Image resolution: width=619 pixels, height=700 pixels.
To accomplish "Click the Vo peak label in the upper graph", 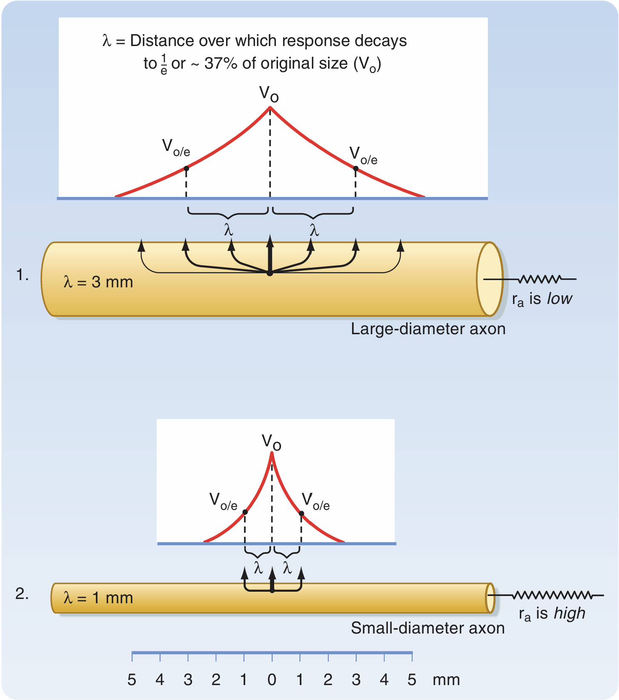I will [x=269, y=94].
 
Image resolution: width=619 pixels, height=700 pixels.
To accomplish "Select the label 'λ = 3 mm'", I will [x=98, y=282].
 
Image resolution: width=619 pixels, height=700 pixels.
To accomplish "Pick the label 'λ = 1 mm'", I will [x=98, y=598].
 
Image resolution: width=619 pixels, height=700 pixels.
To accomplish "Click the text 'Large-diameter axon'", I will [x=428, y=329].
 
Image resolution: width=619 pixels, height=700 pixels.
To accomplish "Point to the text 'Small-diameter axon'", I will [x=427, y=628].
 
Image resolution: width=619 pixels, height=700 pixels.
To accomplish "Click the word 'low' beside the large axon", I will [x=559, y=299].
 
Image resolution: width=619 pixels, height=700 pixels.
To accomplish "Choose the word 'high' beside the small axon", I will [x=569, y=613].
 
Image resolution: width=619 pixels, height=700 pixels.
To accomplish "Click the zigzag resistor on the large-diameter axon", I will [x=540, y=279].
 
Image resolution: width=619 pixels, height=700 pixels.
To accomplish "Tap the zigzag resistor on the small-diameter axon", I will [x=552, y=595].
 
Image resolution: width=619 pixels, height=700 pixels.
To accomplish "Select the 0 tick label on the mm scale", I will [x=272, y=680].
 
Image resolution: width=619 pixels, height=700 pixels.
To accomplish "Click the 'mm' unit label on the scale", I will [x=446, y=680].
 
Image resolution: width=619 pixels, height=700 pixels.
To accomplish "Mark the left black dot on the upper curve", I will [x=186, y=168].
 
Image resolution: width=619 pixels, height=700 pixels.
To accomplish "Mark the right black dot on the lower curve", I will [x=301, y=513].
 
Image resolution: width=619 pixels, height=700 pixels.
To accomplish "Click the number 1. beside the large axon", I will [x=22, y=275].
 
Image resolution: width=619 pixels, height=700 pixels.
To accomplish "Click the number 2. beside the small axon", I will [x=22, y=593].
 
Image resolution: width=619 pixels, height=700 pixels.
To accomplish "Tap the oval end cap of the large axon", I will [x=490, y=279].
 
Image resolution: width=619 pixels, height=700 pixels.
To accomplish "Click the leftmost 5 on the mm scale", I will [x=132, y=680].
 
